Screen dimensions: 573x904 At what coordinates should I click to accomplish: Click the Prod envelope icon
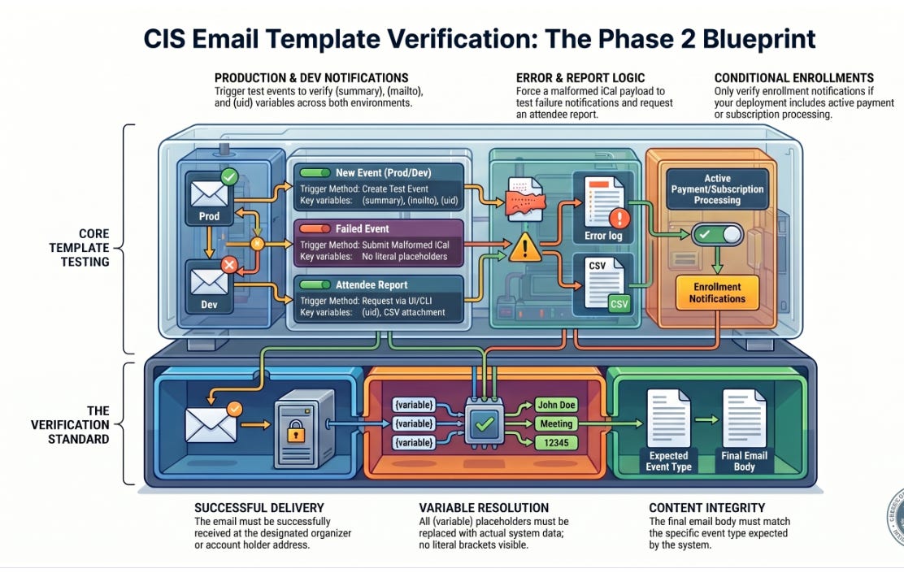(x=209, y=195)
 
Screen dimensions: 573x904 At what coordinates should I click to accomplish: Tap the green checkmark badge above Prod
(x=229, y=176)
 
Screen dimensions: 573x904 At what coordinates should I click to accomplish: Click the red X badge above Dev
(x=229, y=264)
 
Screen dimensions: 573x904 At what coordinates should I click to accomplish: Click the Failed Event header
(x=362, y=229)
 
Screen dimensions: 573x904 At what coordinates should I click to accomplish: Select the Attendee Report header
(x=371, y=285)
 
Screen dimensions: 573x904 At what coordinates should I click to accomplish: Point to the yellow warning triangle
(x=526, y=247)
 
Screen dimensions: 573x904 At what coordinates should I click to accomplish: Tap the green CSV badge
(x=619, y=303)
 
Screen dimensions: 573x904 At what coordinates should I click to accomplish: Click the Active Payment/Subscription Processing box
(x=717, y=189)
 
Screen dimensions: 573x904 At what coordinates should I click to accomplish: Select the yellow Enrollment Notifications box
(x=717, y=293)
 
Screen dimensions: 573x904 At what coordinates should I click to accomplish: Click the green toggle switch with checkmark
(x=717, y=236)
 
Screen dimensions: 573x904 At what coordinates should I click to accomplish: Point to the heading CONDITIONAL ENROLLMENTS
(x=794, y=78)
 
